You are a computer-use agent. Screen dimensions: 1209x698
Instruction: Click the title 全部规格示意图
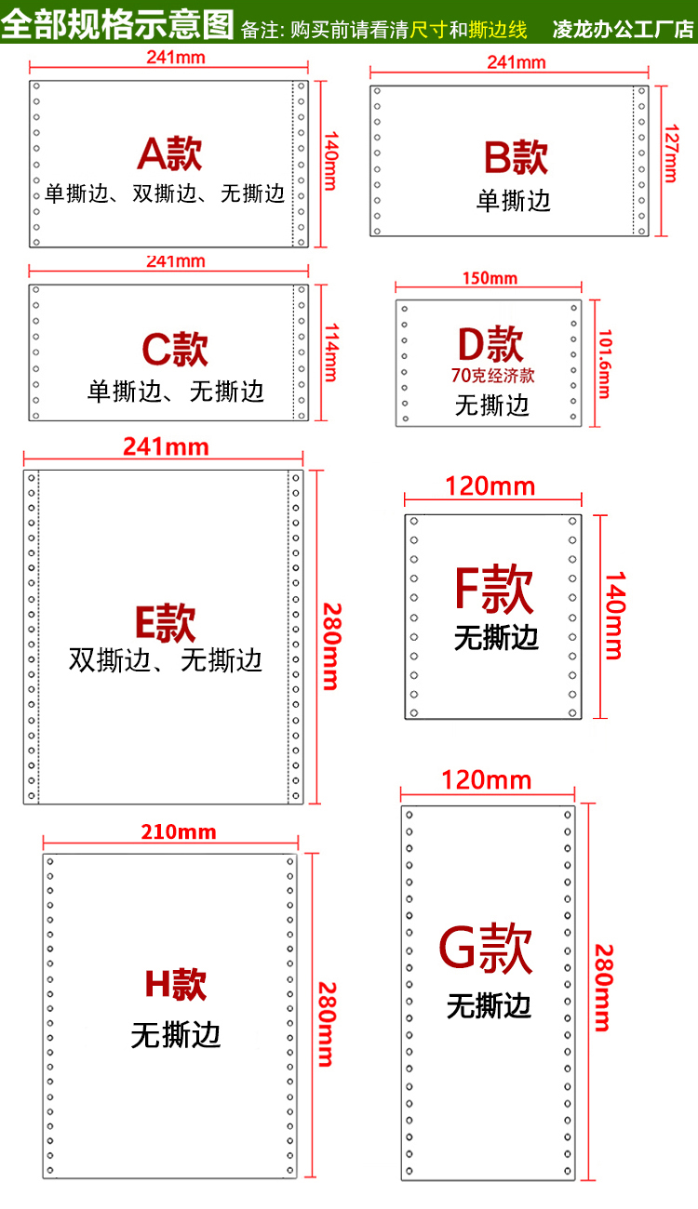pos(117,23)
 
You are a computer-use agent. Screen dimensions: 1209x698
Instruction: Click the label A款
pos(169,153)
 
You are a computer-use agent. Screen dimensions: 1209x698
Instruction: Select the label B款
pos(516,157)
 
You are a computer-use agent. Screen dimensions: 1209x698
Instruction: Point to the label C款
pos(175,349)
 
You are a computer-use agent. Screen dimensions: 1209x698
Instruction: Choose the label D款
pos(490,343)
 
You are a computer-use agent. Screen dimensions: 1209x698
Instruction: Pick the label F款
pos(493,589)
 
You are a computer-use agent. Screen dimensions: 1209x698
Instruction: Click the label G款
pos(486,949)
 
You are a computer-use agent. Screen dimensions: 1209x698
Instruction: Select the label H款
pos(176,985)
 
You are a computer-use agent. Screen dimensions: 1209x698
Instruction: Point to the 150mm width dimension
pos(490,278)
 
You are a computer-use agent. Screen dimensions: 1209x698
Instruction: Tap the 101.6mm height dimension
pos(604,364)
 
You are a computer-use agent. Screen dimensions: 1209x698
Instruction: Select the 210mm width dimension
pos(179,831)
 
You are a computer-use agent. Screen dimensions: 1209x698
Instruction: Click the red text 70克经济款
pos(492,377)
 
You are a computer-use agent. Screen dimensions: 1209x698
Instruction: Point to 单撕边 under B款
pos(514,201)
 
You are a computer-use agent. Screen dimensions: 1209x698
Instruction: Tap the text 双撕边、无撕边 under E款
pos(166,660)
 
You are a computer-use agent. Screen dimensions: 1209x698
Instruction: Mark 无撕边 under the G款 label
pos(489,1005)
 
